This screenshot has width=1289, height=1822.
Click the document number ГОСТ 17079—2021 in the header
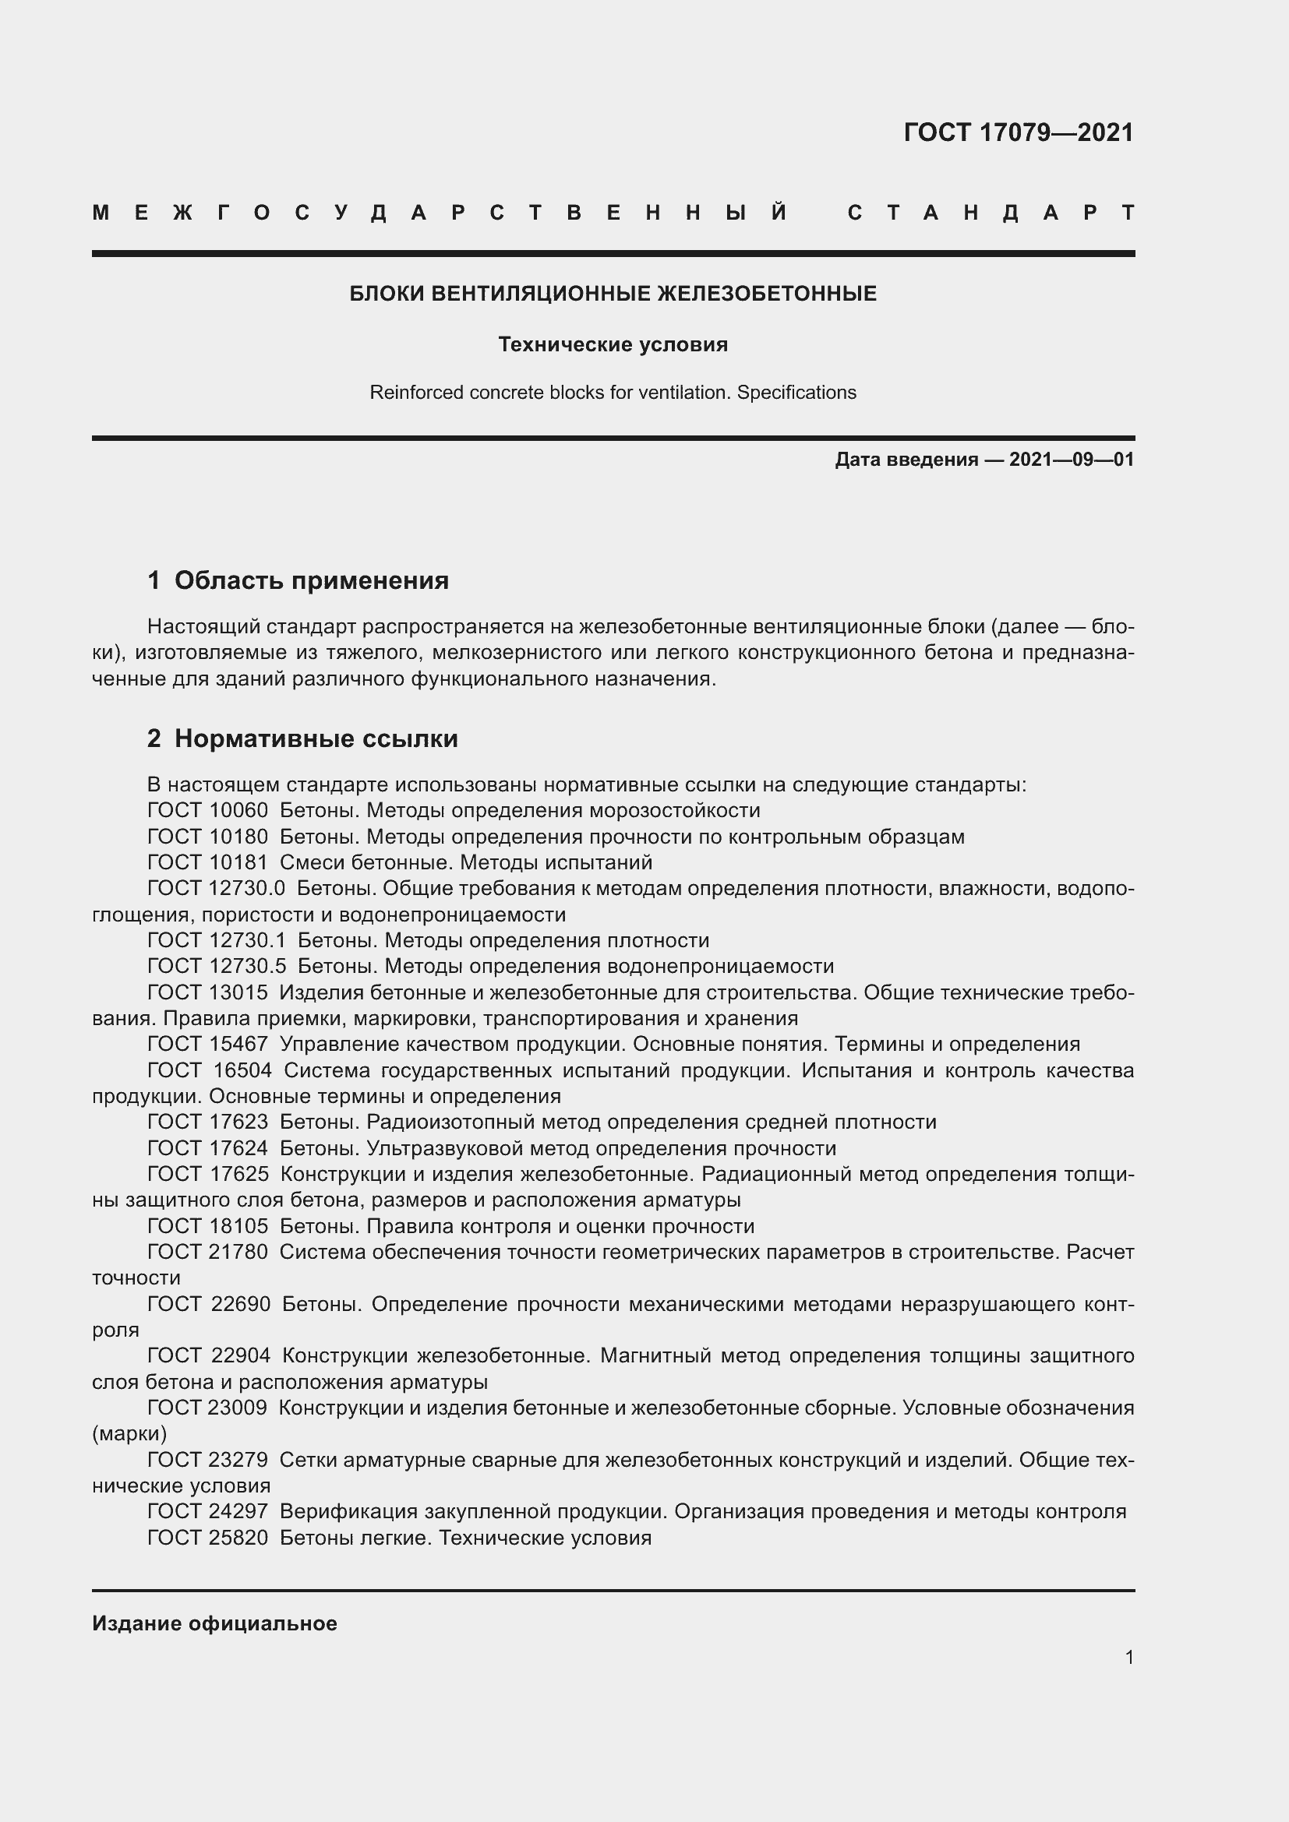point(1019,132)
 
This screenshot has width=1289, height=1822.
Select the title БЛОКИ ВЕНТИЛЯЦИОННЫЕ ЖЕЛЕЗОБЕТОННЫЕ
point(613,294)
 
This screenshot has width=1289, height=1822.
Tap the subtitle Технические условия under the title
point(613,344)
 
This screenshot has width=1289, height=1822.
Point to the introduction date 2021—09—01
point(1071,460)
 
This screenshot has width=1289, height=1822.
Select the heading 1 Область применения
point(298,581)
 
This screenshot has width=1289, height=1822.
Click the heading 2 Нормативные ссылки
point(302,738)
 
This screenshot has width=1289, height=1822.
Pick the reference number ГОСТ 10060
point(207,810)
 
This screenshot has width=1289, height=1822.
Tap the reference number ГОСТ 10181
point(207,862)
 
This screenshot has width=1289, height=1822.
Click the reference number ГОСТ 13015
point(207,992)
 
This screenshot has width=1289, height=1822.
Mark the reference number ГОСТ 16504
point(210,1070)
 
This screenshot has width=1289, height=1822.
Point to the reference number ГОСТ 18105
point(207,1226)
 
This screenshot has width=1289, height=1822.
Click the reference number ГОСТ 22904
point(209,1355)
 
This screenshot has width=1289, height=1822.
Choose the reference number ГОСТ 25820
point(207,1538)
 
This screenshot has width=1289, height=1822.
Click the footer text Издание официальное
point(214,1623)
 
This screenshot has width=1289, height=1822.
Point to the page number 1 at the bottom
point(1128,1657)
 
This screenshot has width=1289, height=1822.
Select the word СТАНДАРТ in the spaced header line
point(991,213)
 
